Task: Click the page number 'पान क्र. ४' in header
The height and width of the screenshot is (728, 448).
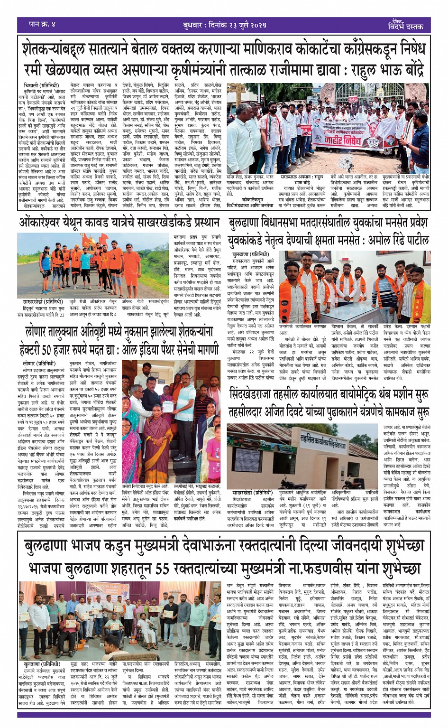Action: coord(42,24)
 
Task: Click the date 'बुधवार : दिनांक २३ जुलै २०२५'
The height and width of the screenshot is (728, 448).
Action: coord(224,24)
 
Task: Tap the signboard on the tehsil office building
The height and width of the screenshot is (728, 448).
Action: coord(323,446)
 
